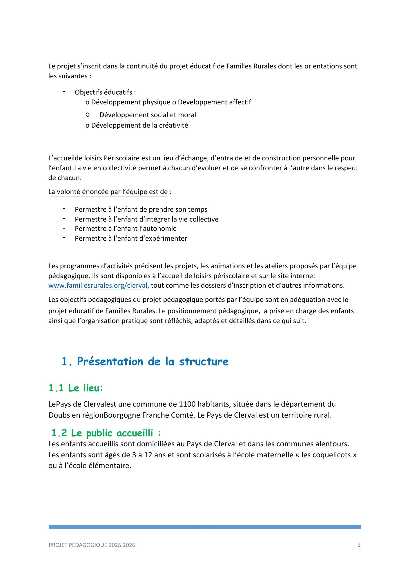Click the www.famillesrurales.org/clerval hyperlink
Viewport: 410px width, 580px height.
98,285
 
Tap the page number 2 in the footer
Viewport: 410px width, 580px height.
359,545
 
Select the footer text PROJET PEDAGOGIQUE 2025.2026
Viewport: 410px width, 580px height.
92,545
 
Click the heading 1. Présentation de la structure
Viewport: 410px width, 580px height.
145,361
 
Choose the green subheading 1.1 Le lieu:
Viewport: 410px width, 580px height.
76,388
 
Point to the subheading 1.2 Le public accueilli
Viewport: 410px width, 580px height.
106,433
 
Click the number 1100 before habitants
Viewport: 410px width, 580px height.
187,404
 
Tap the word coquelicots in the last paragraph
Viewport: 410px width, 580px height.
333,455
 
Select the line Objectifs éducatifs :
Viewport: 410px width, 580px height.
105,92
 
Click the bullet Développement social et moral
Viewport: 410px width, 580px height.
148,115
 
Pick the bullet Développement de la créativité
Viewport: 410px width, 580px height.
139,125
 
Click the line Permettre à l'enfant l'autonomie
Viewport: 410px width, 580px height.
126,229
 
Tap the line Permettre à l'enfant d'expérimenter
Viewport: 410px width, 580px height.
131,238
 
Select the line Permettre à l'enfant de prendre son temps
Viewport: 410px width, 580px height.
141,209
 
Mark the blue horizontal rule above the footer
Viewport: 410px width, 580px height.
205,527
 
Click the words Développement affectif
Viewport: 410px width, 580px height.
214,102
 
